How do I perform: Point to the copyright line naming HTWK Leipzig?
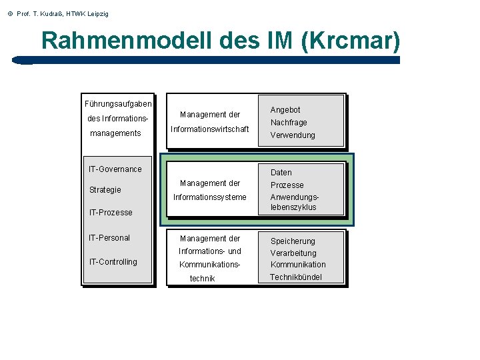click(x=56, y=13)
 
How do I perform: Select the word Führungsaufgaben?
click(x=118, y=104)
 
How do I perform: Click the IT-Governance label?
click(x=115, y=169)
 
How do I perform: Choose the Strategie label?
click(x=105, y=190)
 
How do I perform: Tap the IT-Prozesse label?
click(x=111, y=213)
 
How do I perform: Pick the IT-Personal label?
click(x=109, y=238)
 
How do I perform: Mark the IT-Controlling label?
click(x=113, y=262)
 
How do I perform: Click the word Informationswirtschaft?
click(x=210, y=129)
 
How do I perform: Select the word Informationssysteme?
click(x=210, y=197)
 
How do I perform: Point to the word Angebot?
click(x=285, y=110)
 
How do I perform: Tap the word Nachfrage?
click(x=289, y=123)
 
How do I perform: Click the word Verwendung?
click(x=293, y=135)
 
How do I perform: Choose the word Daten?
click(x=281, y=173)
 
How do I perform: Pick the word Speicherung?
click(x=293, y=241)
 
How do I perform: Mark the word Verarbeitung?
click(x=293, y=253)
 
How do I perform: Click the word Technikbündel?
click(x=296, y=277)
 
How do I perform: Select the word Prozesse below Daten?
click(x=287, y=185)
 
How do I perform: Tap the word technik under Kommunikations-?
click(x=203, y=279)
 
